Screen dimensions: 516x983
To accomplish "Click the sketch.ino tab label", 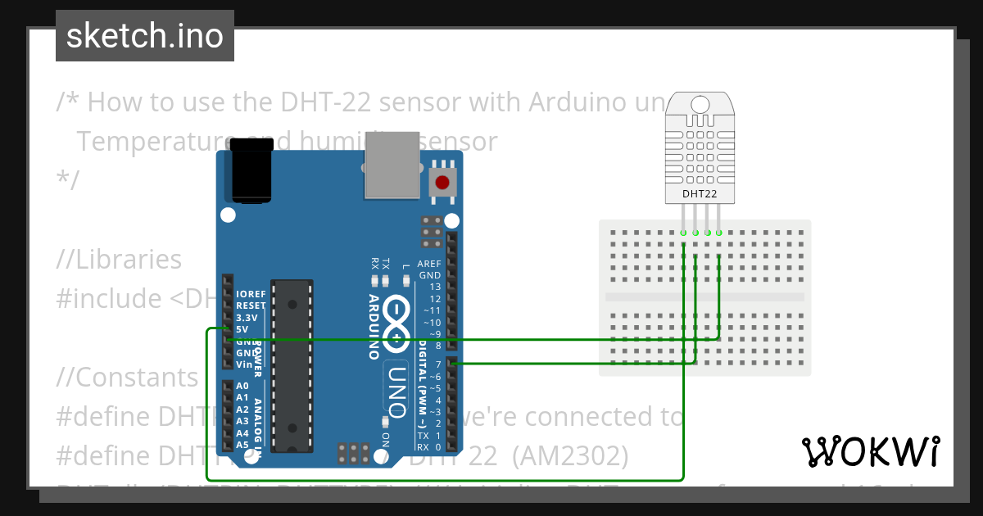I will click(144, 36).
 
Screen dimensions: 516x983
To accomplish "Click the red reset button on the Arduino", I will click(443, 182).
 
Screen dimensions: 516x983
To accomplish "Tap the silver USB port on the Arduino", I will click(391, 166).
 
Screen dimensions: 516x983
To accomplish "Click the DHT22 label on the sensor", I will click(700, 194).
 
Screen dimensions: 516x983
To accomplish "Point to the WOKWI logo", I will click(870, 451).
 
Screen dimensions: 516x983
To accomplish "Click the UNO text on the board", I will click(396, 389).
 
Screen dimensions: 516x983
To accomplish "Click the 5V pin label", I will click(242, 329).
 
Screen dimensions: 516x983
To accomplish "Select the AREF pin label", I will click(429, 264).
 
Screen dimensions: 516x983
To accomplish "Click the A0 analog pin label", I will click(242, 386).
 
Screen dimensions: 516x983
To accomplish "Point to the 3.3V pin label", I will click(247, 317).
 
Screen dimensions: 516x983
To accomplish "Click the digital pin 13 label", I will click(435, 287).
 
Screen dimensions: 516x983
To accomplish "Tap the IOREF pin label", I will click(250, 293).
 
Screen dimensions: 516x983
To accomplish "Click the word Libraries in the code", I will click(129, 259).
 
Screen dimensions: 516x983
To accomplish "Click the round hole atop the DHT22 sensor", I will click(700, 104).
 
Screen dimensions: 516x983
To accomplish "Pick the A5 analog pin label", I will click(242, 445).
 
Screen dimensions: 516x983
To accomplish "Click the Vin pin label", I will click(243, 364).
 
